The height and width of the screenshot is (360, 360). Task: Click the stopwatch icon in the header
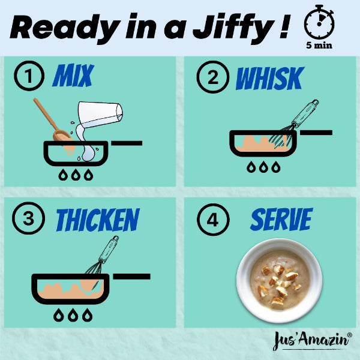click(x=319, y=22)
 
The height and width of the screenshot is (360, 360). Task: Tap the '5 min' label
click(x=319, y=45)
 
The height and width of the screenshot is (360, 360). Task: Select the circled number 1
click(x=29, y=76)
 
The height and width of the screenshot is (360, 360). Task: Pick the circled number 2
click(x=213, y=77)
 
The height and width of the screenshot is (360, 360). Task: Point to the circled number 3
click(x=28, y=218)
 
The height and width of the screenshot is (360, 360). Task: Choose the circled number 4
click(x=213, y=220)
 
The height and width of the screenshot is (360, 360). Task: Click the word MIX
click(x=73, y=76)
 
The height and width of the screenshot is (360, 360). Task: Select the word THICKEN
click(x=98, y=220)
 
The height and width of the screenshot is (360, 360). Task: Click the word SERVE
click(x=281, y=219)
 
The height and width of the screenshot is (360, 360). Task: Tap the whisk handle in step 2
click(x=305, y=113)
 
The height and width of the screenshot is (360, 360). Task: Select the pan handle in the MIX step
click(x=127, y=143)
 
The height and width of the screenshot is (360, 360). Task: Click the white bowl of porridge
click(x=279, y=280)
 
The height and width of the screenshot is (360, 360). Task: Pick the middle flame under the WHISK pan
click(x=263, y=167)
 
